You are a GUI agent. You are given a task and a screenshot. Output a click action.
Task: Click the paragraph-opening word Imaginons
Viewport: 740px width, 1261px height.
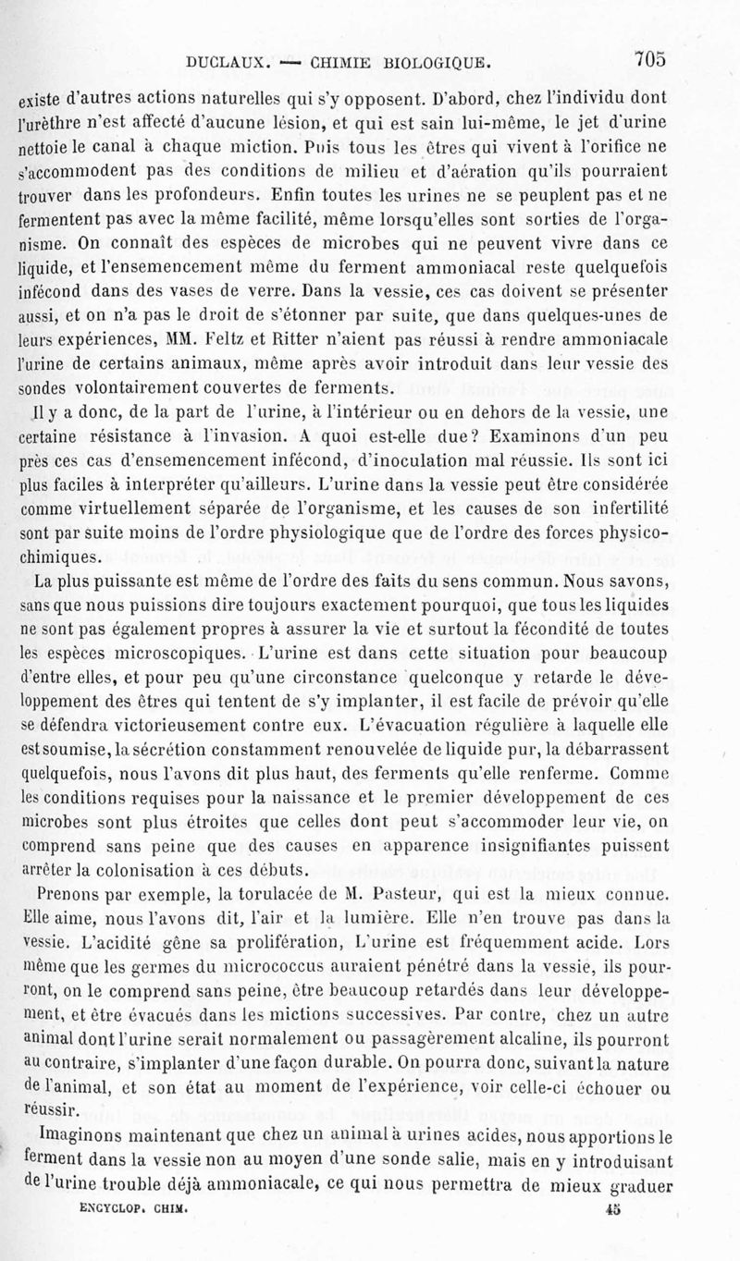(x=77, y=1132)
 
